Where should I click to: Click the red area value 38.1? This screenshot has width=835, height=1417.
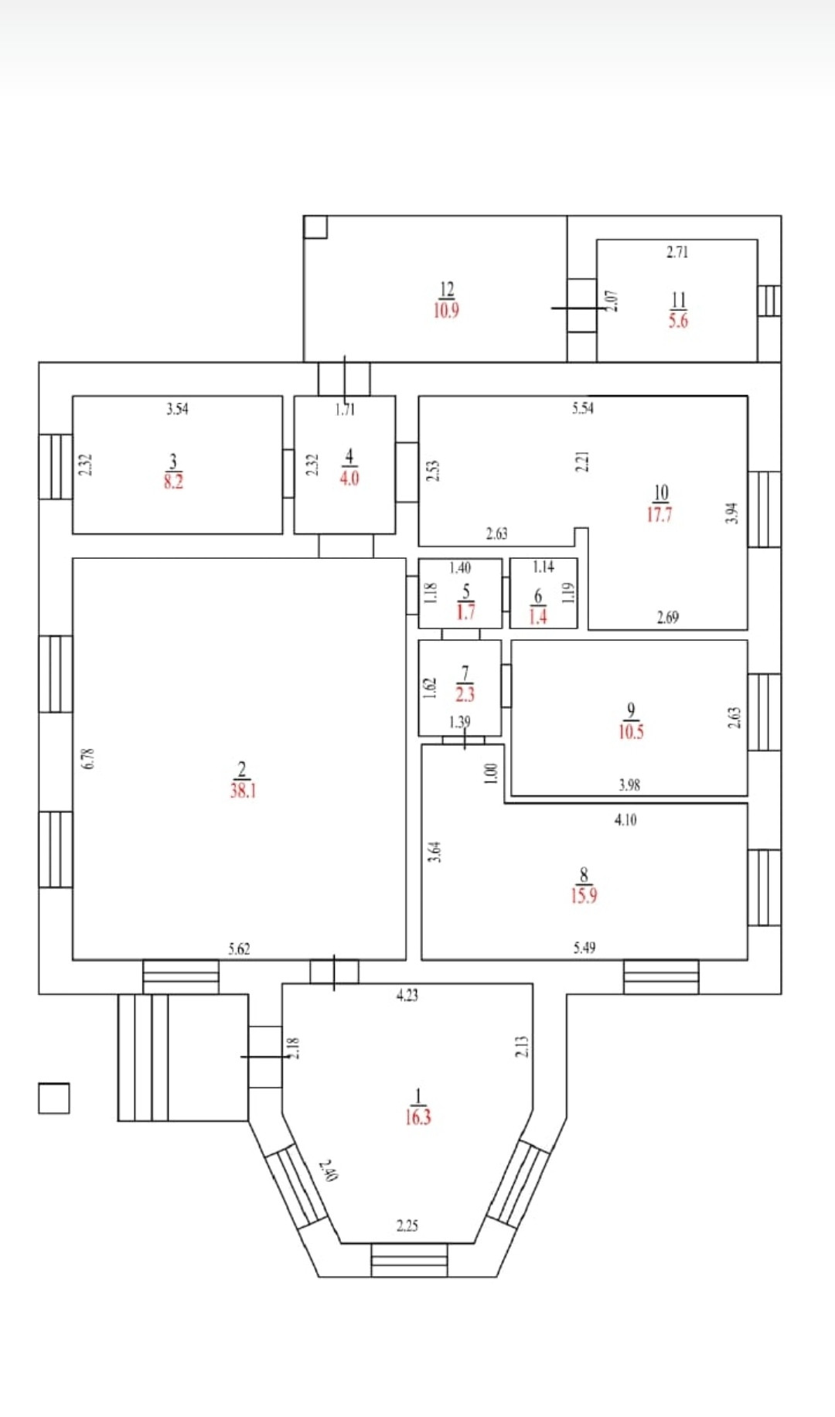click(243, 791)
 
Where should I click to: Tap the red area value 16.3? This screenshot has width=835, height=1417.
click(417, 1117)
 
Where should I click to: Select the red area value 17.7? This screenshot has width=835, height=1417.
click(659, 515)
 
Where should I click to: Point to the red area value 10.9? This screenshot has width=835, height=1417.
click(446, 311)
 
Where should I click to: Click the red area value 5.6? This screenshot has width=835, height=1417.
click(678, 321)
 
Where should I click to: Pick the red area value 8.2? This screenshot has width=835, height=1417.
click(173, 482)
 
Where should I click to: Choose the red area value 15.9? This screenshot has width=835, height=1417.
click(584, 896)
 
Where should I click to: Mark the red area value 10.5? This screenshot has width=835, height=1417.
click(631, 731)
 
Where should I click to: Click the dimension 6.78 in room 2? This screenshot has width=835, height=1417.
click(88, 758)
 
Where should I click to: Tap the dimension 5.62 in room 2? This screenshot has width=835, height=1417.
click(239, 949)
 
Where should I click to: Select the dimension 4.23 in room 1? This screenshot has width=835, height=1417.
click(407, 996)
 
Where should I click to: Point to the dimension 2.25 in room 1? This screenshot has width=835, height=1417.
click(407, 1226)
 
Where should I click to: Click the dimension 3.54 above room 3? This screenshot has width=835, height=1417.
click(177, 409)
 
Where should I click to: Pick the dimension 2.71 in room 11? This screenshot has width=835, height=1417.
click(677, 252)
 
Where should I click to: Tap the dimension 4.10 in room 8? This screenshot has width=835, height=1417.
click(625, 820)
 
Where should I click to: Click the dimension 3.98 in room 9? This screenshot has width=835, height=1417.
click(629, 785)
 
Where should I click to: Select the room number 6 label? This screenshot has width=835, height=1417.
click(538, 596)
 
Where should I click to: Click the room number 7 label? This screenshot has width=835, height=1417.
click(465, 673)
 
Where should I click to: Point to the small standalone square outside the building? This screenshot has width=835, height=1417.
click(53, 1099)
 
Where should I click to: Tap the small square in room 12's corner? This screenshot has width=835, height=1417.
click(315, 227)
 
